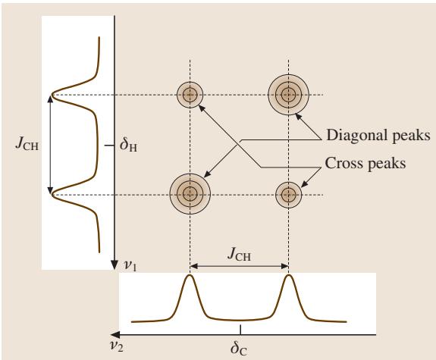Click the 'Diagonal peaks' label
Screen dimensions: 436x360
coord(378,135)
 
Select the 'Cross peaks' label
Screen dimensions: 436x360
coord(365,163)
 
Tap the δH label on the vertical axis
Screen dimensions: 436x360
coord(128,145)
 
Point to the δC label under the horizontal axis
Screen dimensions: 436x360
coord(239,349)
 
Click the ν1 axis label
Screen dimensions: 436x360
coord(130,266)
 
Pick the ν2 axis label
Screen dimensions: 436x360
coord(116,346)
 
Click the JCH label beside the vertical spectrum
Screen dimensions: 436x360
coord(27,144)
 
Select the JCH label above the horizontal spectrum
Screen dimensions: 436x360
coord(239,255)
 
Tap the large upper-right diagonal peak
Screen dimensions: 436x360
coord(289,95)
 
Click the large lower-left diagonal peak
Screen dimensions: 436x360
coord(190,194)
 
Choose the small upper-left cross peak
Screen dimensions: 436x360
coord(190,95)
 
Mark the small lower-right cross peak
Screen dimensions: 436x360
coord(289,195)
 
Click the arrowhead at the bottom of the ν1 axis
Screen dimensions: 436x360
coord(114,265)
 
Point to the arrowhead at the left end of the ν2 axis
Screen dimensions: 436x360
coord(115,335)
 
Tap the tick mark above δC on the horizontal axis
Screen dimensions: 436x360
coord(240,330)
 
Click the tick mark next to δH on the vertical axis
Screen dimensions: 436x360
coord(109,145)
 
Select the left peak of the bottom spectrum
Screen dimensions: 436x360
coord(190,275)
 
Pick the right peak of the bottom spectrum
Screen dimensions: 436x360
coord(289,275)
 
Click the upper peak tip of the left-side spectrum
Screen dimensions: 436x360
coord(52,95)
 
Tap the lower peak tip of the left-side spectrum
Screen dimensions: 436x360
coord(52,195)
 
